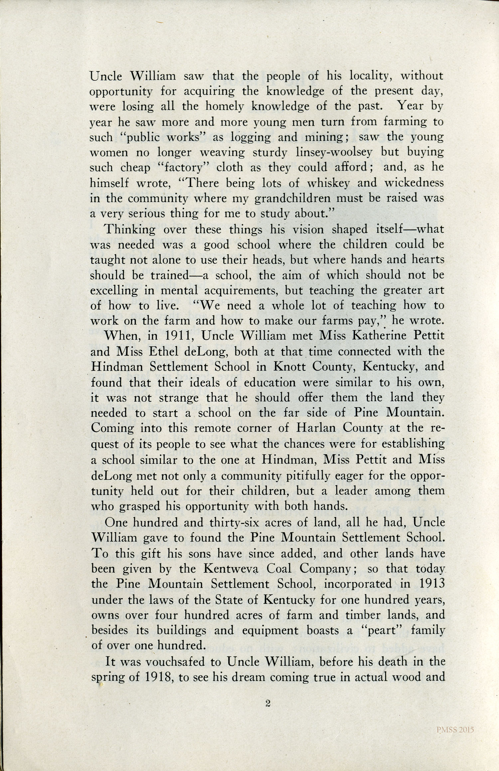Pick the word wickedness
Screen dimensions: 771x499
pyautogui.click(x=414, y=183)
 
